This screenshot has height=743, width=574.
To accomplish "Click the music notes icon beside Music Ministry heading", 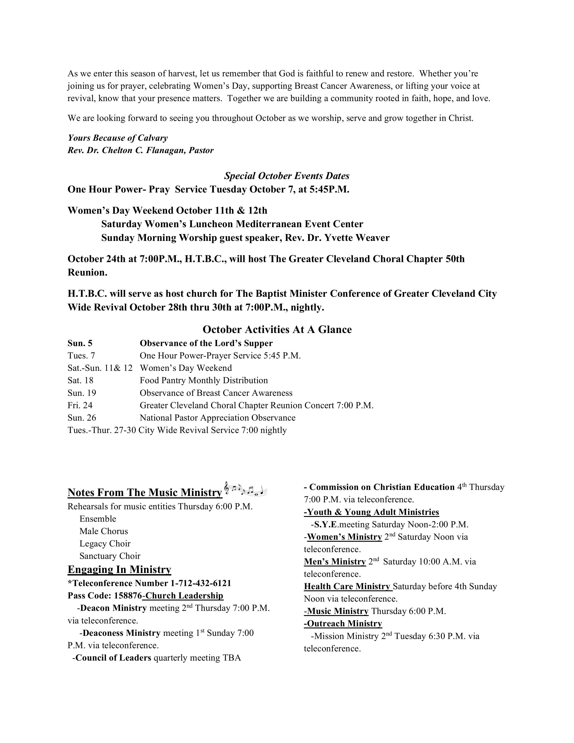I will [246, 489].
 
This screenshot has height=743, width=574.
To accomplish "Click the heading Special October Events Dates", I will [287, 176].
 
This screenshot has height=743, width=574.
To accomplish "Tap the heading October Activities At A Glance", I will [277, 329].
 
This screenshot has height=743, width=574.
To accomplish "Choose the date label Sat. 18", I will [80, 380].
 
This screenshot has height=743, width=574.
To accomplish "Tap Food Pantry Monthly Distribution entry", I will [204, 380].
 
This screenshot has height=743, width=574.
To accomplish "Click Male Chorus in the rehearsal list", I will [104, 531].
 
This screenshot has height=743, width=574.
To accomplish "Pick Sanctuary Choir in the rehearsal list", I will [110, 556].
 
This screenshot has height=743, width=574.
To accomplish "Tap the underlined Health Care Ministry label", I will [347, 587].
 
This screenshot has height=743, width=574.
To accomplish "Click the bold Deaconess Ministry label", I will [121, 633].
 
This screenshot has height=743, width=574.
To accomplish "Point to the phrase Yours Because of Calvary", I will [118, 138].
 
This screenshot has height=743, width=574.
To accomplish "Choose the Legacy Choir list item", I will [105, 544].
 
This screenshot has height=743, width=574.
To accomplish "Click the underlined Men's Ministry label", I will [334, 562].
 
